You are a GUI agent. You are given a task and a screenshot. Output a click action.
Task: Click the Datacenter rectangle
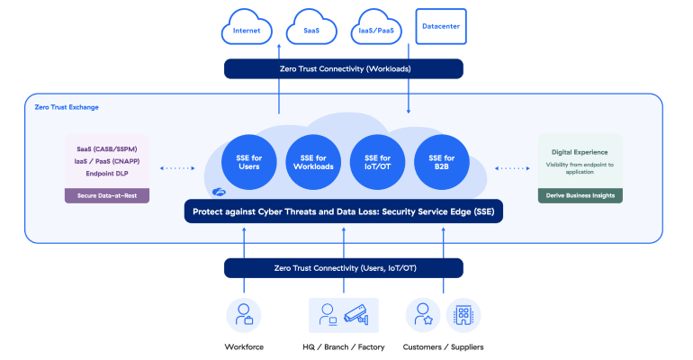click(441, 27)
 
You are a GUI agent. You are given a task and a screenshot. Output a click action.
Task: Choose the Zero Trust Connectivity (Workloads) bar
click(344, 68)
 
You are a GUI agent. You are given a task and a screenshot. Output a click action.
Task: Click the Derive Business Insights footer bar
click(580, 194)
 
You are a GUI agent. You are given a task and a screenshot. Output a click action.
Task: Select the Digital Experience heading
click(580, 152)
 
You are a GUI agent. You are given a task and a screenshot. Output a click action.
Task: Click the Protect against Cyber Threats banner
click(344, 212)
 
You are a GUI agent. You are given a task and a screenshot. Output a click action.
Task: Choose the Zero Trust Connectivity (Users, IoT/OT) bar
click(344, 267)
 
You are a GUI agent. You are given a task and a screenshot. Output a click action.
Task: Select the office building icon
click(463, 314)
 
